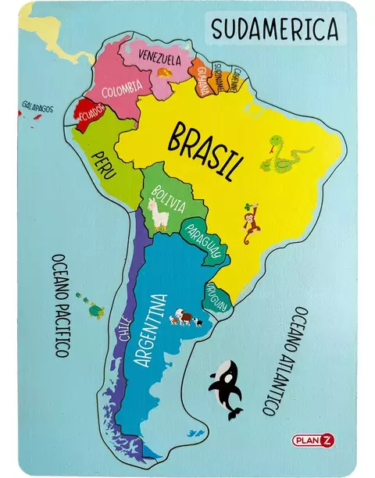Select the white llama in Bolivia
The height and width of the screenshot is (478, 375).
tap(158, 214)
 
